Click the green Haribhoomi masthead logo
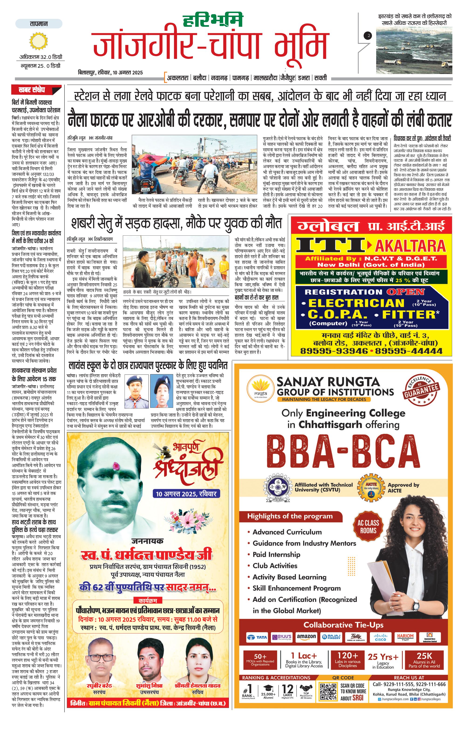(x=213, y=20)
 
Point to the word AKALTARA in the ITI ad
(x=410, y=246)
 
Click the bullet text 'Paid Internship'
(x=276, y=554)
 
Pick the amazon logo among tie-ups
(x=306, y=637)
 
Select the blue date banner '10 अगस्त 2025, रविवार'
(x=186, y=494)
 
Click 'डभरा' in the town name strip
(x=304, y=78)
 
